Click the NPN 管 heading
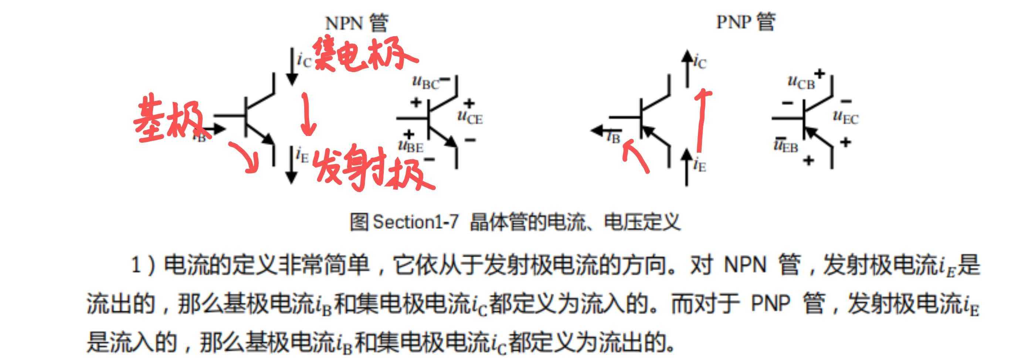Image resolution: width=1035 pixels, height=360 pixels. click(356, 23)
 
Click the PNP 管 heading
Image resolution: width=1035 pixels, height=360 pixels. click(745, 22)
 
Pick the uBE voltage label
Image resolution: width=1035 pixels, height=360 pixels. click(411, 146)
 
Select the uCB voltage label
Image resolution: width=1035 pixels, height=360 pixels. click(801, 82)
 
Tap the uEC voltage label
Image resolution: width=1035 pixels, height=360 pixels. click(846, 117)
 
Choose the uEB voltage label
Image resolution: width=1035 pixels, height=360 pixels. click(786, 146)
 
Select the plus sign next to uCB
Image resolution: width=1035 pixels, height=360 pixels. click(819, 74)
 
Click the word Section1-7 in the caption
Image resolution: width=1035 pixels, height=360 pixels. click(415, 222)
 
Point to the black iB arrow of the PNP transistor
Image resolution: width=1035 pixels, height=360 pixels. click(600, 130)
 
